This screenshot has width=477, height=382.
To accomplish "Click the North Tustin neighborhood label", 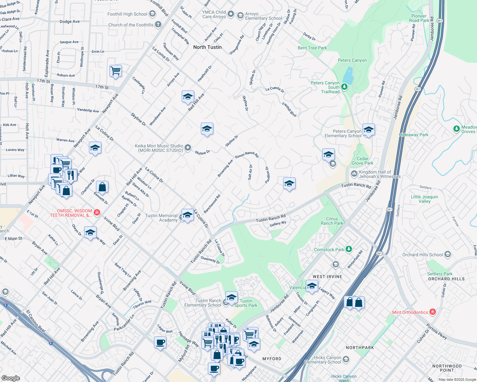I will click(207, 47).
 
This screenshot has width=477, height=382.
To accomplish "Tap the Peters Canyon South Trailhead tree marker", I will click(344, 87).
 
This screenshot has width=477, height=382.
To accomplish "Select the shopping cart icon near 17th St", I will click(115, 71).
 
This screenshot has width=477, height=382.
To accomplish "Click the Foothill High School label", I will click(127, 14).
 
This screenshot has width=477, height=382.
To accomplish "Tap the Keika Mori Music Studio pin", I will click(188, 147).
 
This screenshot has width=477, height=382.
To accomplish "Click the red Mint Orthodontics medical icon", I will click(432, 312).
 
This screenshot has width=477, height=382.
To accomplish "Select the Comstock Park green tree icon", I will click(349, 249).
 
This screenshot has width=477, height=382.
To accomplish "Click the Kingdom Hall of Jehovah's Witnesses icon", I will click(354, 173).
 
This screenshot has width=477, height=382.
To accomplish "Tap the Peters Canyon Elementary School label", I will click(343, 133).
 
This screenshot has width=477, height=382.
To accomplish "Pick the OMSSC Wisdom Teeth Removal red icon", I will click(97, 212).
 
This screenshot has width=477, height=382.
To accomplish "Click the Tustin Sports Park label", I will click(246, 303).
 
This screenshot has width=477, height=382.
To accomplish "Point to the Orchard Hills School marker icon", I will click(448, 254).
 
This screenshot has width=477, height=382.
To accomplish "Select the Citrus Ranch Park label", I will click(332, 221).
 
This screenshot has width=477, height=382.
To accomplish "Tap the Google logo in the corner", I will click(11, 378).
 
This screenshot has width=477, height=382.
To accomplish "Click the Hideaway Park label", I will click(414, 135).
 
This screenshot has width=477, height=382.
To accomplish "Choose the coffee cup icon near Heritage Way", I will click(160, 343).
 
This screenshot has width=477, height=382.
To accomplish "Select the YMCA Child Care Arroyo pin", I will click(231, 14).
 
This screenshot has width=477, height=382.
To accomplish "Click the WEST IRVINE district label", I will click(327, 277).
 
